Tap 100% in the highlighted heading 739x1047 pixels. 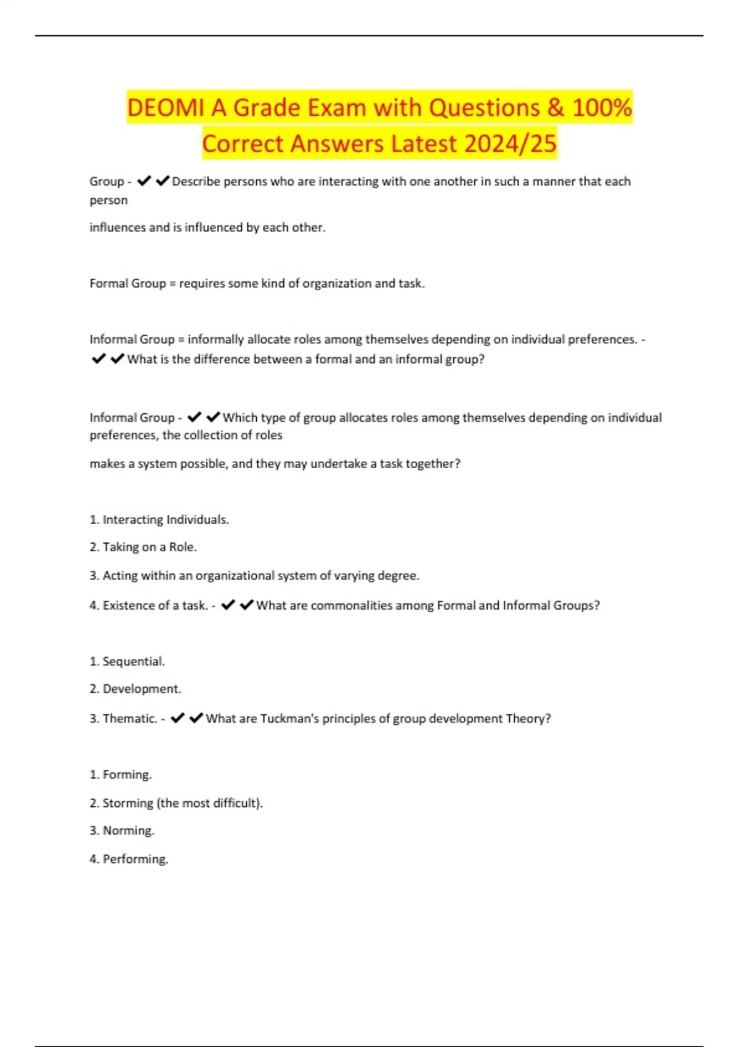[601, 108]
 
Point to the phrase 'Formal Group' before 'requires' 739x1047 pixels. [127, 283]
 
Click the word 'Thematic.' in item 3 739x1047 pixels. [129, 719]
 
